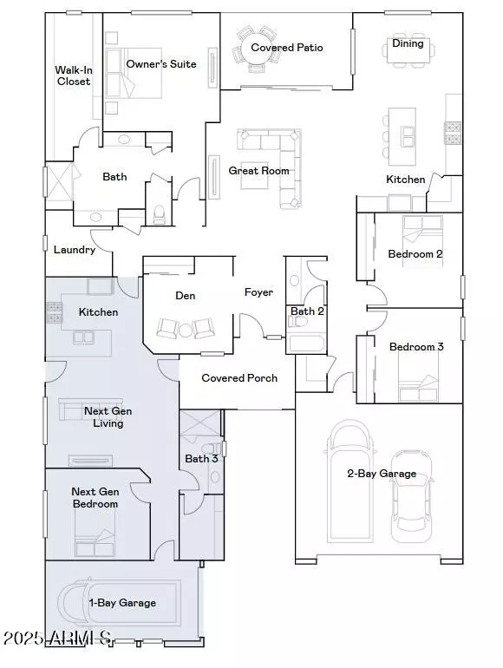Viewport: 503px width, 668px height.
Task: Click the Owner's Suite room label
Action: pos(161,64)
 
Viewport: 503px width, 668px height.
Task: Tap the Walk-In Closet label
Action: pos(73,75)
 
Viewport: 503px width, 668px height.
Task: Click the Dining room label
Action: pos(408,43)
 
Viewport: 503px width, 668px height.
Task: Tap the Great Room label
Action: pos(258,171)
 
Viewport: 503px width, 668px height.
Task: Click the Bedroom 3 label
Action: pos(416,347)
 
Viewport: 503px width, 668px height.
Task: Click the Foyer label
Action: pos(258,292)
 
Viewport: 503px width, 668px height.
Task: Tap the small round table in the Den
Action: pos(184,330)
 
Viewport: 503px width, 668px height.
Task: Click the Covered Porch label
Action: pos(239,378)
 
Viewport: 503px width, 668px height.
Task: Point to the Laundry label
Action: pos(74,250)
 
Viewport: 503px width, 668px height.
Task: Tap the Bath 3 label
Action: pos(201,458)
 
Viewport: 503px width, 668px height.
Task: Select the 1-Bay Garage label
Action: pos(122,602)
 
